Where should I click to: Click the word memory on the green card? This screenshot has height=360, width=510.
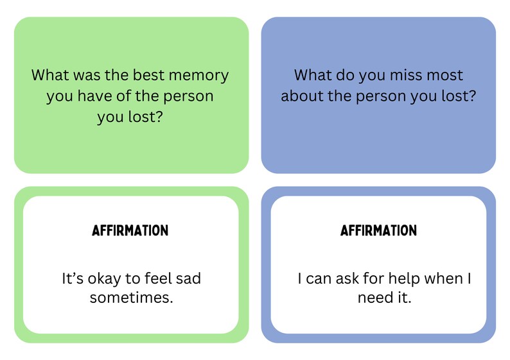202,76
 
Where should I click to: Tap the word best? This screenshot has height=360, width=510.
154,75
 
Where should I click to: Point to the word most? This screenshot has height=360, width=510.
444,74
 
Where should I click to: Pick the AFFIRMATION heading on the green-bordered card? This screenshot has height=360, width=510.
130,230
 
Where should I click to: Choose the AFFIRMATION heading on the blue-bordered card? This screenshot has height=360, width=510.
378,230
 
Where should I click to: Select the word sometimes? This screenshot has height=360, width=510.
131,298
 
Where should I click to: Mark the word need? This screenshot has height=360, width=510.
376,298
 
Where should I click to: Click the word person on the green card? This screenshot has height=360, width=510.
190,96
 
